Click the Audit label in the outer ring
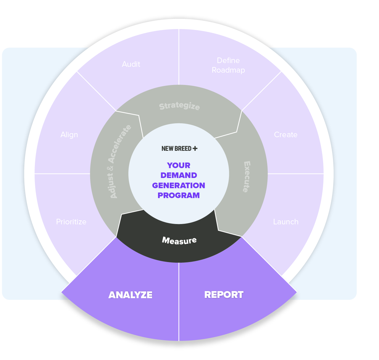131,64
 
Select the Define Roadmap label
228,65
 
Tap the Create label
285,135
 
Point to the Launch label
286,222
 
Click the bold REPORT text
224,295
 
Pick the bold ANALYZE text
130,295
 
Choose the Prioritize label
71,222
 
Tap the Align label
69,135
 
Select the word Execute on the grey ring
247,177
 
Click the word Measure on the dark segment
179,240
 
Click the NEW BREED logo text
176,149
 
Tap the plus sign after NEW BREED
195,149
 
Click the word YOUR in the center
179,165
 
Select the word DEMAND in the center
179,175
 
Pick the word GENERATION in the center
179,185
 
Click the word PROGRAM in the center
179,195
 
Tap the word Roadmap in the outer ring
228,70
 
